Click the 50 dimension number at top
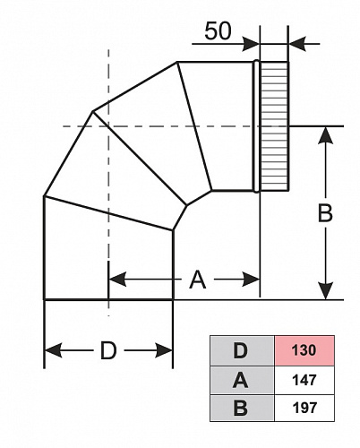218,31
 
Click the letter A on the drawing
198,280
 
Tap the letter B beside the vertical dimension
325,213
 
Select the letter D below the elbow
108,350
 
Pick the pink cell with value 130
304,350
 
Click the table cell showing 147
304,380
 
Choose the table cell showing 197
304,408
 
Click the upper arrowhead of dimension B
325,136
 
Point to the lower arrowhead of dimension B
325,290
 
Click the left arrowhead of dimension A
117,280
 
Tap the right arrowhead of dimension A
251,280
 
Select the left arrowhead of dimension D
53,350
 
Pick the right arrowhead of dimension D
164,350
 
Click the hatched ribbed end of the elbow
275,126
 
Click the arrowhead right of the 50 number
251,44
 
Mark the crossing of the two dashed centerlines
108,126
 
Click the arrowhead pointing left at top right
297,44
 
